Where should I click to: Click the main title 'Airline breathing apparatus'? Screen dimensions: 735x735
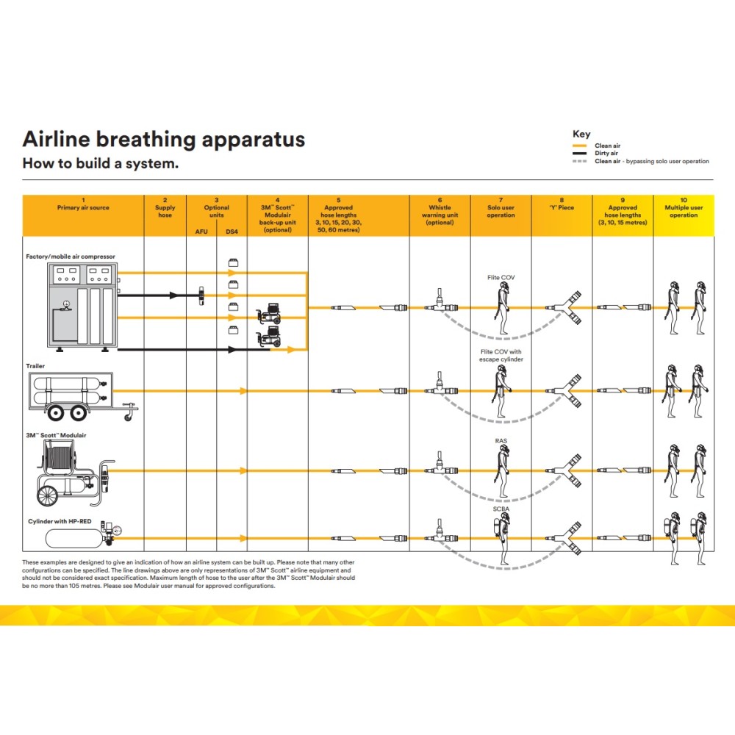coord(163,140)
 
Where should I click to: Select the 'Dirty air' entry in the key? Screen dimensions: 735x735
coord(607,154)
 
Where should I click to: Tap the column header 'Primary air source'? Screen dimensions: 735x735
coord(83,207)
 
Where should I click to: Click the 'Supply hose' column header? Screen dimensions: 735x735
coord(165,211)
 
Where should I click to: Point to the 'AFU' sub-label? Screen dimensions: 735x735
coord(201,232)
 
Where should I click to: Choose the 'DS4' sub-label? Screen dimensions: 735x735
coord(232,232)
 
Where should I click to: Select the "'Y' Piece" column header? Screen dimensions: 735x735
coord(562,207)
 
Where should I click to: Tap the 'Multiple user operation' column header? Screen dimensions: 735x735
coord(684,211)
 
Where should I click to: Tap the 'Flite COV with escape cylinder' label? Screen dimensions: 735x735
coord(501,356)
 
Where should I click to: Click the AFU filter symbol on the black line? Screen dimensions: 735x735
coord(201,295)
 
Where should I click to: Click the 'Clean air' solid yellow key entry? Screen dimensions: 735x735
coord(607,146)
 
